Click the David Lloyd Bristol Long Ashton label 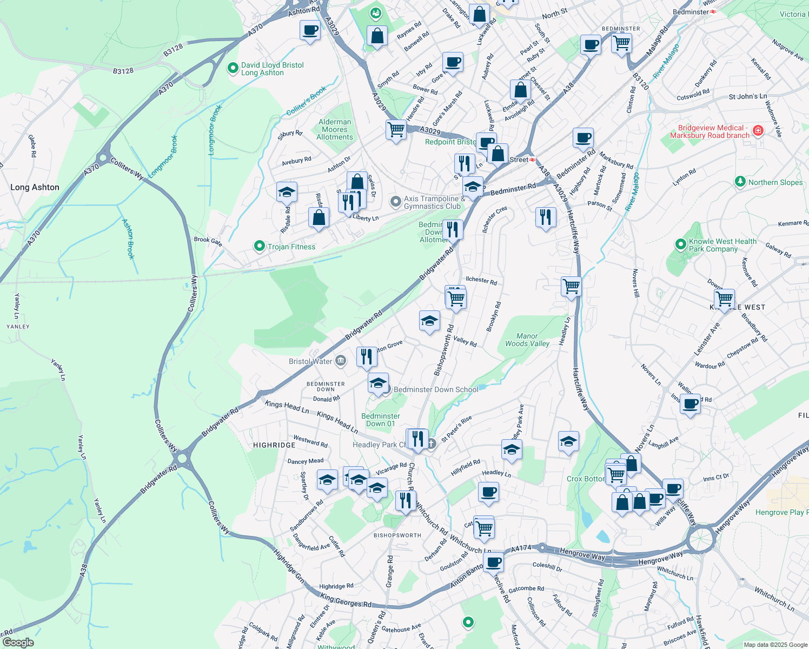[x=272, y=69]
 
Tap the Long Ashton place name [x=35, y=187]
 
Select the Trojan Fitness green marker [x=260, y=247]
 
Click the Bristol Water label [x=310, y=361]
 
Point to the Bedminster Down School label [x=436, y=389]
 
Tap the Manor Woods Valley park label [x=527, y=340]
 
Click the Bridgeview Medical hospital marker [x=758, y=130]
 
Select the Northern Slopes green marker [x=740, y=182]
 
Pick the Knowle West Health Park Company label [x=722, y=246]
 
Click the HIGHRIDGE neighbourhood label [x=274, y=445]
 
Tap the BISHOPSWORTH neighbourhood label [x=397, y=535]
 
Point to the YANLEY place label [x=18, y=327]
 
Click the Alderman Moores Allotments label [x=335, y=130]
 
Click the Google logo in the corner [x=18, y=643]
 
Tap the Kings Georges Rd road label [x=346, y=601]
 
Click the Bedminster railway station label [x=691, y=12]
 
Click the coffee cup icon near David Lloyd [x=310, y=30]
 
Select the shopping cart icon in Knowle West [x=724, y=299]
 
